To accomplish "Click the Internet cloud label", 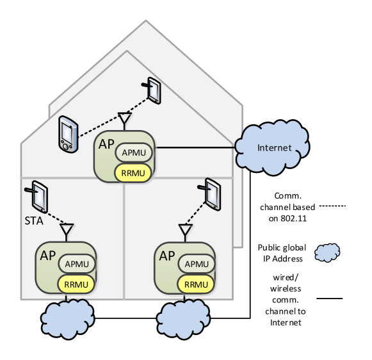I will coord(274,148).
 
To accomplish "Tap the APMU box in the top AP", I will coord(134,153).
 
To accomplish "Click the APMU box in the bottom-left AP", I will coord(77,264).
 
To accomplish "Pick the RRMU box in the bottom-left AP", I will coord(77,284).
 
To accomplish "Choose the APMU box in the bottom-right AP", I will coord(196,264).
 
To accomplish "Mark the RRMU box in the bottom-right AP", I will coord(196,284).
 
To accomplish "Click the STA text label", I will coord(33,221).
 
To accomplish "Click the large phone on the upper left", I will coord(67,134).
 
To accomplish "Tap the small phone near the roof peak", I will coord(153,90).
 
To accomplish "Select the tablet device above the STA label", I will coord(39,196).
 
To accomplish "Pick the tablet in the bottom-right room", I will coord(212,193).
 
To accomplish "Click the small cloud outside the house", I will coord(327,252).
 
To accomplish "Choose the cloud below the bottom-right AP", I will coord(183,319).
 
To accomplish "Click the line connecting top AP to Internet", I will coord(195,147).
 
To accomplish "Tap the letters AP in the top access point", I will coord(106,143).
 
